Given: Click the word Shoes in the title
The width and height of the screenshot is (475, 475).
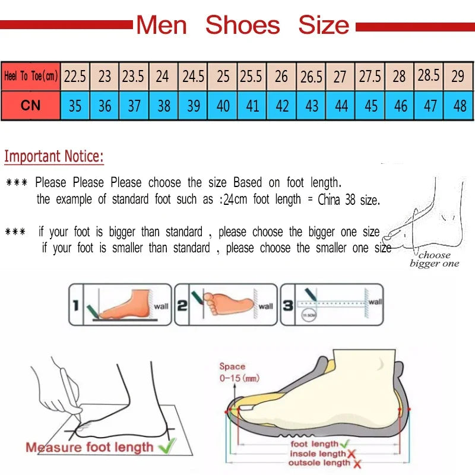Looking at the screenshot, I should coord(242,25).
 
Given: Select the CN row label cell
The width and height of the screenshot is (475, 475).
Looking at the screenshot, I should coord(30,106).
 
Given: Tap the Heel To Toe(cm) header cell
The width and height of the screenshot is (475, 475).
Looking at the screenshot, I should coord(30,76).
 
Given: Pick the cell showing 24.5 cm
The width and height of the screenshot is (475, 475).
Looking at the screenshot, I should coord(193,76).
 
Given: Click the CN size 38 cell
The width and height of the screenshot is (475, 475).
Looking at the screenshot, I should coord(164,106).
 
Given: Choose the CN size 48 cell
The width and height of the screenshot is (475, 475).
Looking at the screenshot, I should coord(459,106).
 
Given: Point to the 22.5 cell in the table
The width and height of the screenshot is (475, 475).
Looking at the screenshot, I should coord(75,76).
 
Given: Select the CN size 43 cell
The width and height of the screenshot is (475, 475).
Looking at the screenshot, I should coord(312,106).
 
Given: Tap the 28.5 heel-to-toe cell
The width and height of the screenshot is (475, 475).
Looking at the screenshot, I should coord(429,75).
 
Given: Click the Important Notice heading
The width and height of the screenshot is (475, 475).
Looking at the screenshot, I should coord(54,157).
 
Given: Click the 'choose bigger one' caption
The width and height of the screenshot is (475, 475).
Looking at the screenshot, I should coord(434,259).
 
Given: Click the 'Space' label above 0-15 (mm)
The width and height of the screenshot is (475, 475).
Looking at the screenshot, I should coord(232,366).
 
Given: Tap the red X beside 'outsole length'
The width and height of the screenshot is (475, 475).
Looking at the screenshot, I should coord(357,463).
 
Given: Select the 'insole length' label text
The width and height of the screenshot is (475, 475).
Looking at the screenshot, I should coord(317,454).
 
